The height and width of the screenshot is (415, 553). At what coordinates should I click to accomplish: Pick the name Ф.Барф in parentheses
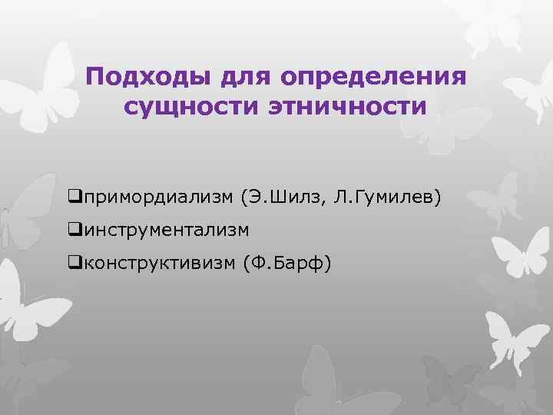(x=286, y=264)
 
